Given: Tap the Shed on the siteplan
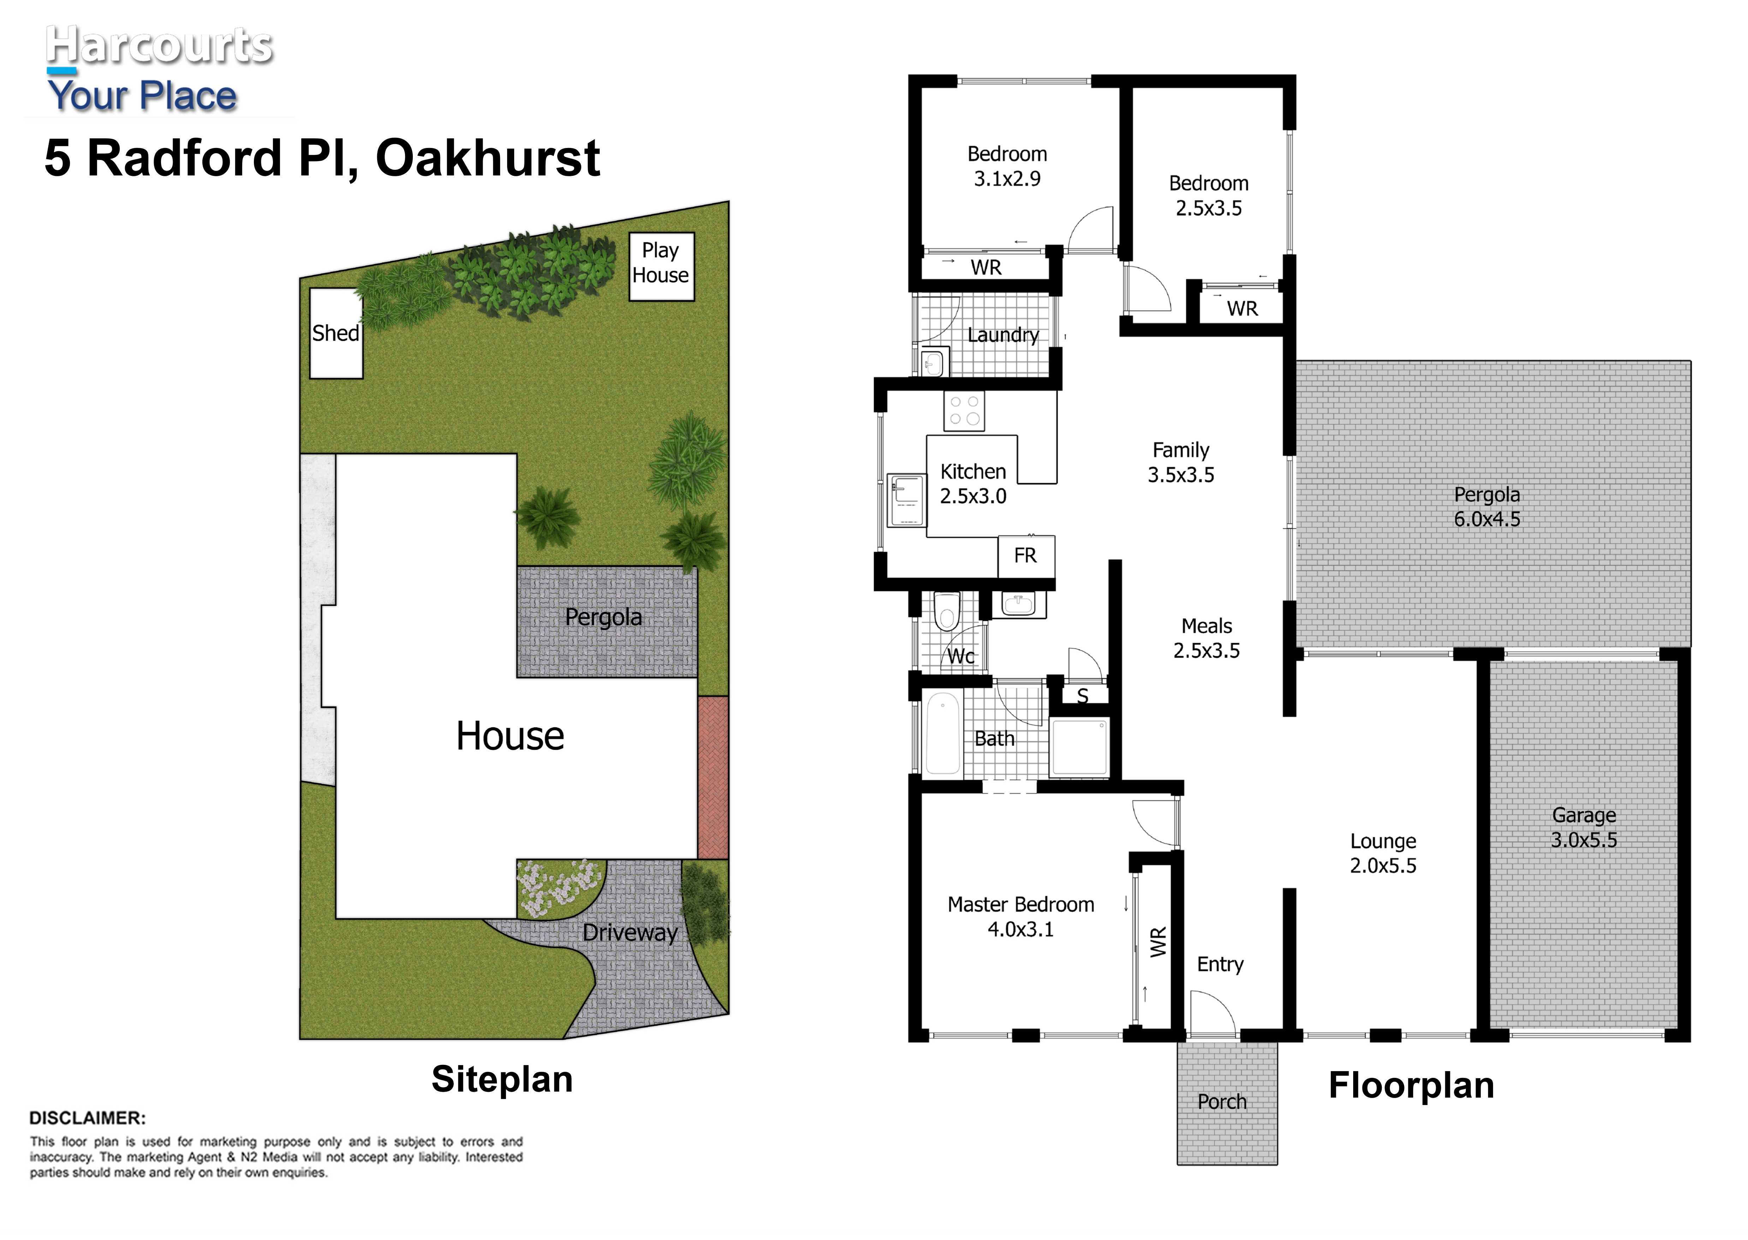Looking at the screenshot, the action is [336, 333].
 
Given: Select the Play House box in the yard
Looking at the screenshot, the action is [661, 267].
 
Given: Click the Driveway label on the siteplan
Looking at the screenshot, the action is [630, 932].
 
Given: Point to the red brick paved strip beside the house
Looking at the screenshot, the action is [713, 777].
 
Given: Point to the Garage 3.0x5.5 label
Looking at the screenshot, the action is [1584, 828].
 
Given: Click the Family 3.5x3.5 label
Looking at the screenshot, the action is [1181, 462].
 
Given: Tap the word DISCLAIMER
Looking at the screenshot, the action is [87, 1118].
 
